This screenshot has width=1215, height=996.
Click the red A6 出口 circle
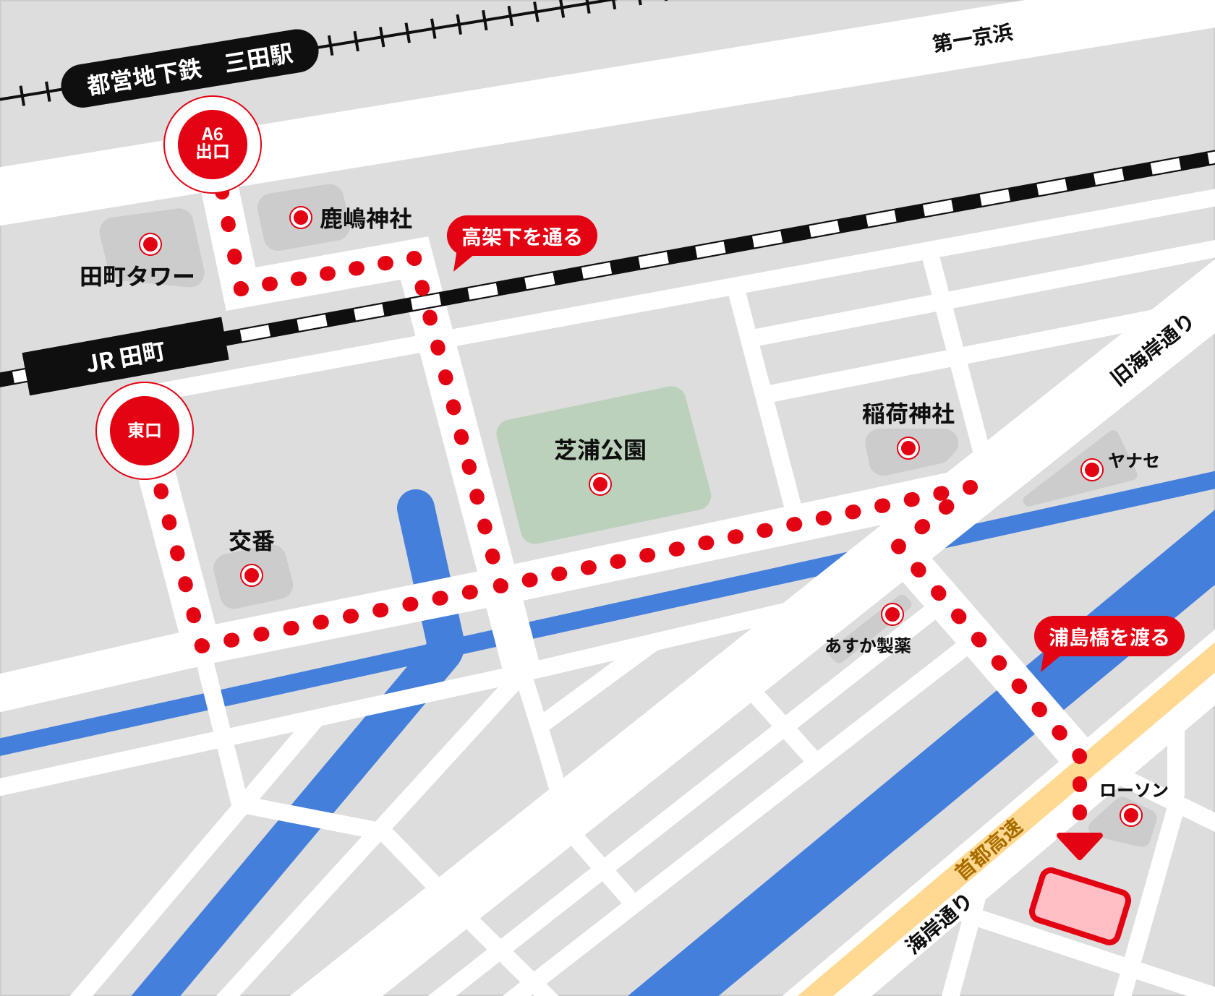(x=213, y=144)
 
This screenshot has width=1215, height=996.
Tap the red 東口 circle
(x=145, y=431)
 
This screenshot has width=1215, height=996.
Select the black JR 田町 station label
(x=127, y=356)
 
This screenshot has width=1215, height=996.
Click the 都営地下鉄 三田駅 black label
(x=190, y=69)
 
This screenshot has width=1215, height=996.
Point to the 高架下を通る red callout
(x=521, y=236)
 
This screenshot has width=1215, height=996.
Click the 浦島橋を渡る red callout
(x=1108, y=637)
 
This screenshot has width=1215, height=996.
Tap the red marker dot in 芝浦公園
(x=600, y=484)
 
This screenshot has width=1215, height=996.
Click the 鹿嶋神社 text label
(x=366, y=218)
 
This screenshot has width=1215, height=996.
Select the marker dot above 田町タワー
(x=150, y=244)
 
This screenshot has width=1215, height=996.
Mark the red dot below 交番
(x=252, y=575)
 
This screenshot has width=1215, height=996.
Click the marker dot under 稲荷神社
(x=908, y=448)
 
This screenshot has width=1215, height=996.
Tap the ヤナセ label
(x=1133, y=460)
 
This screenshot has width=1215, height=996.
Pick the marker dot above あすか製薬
(x=892, y=614)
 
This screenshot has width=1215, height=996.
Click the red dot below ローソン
(x=1131, y=815)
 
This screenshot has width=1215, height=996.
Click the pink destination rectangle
(x=1080, y=906)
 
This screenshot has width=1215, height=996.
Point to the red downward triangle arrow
(x=1079, y=844)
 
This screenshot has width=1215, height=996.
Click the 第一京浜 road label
(x=973, y=38)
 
